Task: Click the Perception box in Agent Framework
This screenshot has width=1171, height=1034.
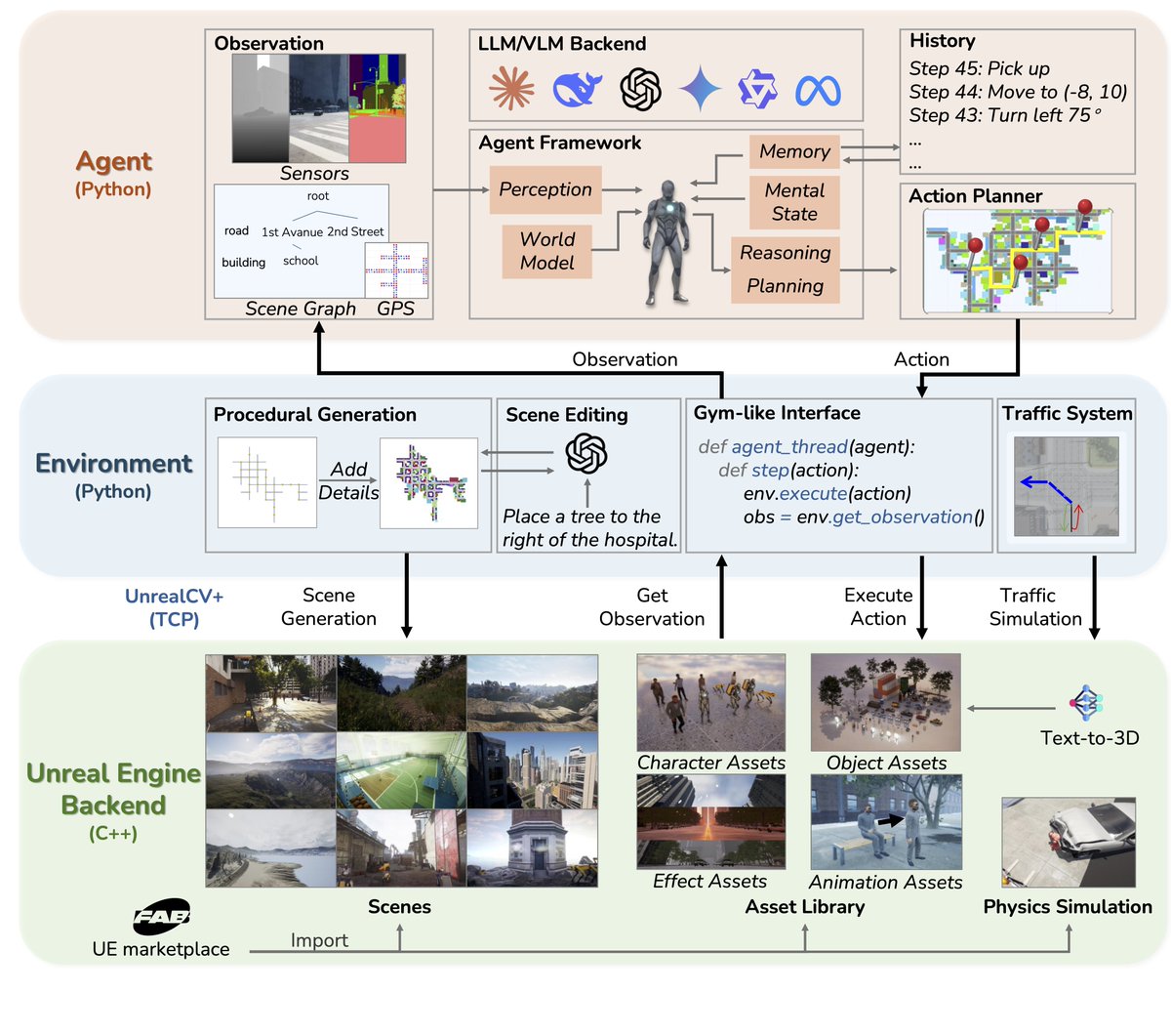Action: [545, 189]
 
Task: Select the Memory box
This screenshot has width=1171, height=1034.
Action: [794, 151]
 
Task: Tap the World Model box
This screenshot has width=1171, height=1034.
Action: [547, 251]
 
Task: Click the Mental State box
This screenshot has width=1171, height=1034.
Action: [794, 202]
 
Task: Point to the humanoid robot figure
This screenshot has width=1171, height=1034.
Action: [667, 242]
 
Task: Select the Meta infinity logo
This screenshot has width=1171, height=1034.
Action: [818, 91]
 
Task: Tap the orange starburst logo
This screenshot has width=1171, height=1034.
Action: [511, 90]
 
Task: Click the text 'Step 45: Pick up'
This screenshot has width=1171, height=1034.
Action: [979, 68]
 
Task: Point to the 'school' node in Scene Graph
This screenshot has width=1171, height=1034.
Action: [301, 261]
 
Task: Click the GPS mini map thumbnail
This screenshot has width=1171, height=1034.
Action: [396, 269]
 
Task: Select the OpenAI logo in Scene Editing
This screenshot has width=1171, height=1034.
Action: [586, 453]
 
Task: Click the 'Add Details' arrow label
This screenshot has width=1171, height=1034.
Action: [348, 480]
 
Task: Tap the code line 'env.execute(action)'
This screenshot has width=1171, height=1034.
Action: [827, 493]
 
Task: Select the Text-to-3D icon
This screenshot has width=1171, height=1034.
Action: [1085, 702]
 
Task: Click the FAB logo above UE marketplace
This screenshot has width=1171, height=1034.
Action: [161, 916]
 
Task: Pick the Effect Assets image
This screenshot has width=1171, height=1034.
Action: [710, 821]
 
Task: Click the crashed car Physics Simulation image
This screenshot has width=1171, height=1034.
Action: [1068, 842]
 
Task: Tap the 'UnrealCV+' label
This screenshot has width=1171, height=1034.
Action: [174, 596]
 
